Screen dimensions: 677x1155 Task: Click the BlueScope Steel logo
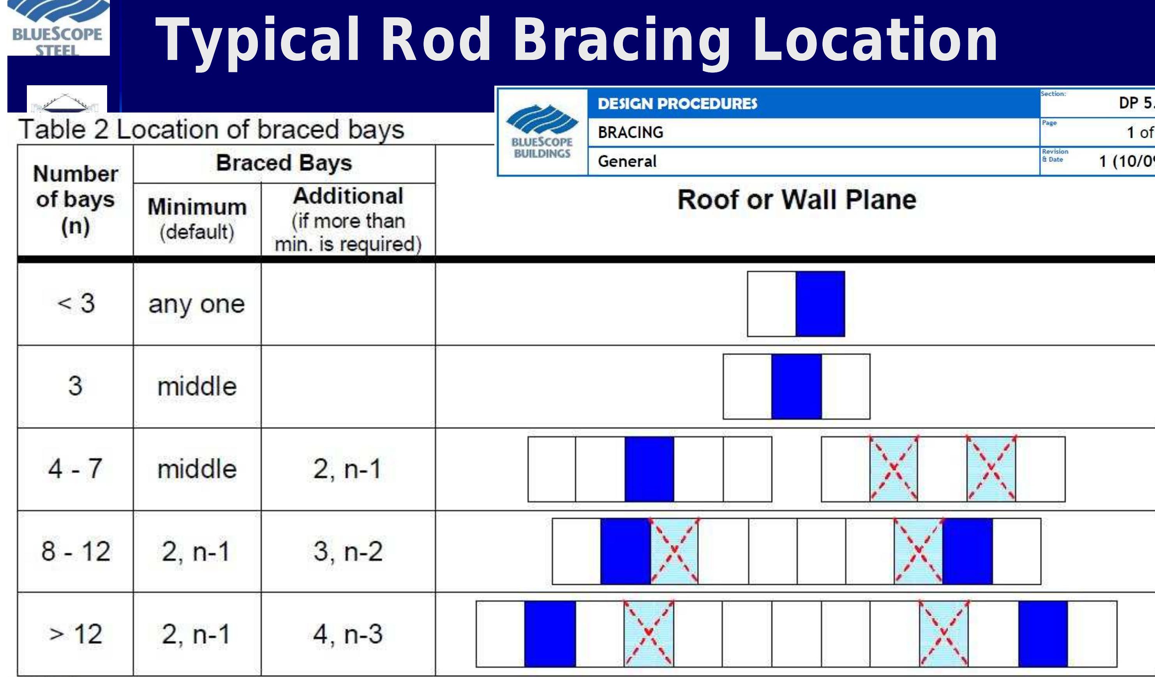(58, 28)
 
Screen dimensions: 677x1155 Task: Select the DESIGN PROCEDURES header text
(677, 104)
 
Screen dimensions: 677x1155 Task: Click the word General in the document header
(627, 161)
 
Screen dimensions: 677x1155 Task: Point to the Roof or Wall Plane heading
(797, 200)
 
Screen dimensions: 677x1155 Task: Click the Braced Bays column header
(284, 163)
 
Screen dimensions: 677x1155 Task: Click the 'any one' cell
(197, 304)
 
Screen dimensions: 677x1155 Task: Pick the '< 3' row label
(76, 303)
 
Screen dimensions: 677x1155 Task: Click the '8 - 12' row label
(76, 551)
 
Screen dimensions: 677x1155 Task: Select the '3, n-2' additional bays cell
(348, 551)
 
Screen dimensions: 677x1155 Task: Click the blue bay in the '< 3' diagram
(820, 304)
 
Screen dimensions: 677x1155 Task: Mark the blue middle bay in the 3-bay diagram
(796, 386)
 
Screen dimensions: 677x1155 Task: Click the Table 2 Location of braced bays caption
(212, 130)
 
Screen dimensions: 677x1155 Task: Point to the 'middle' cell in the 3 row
(197, 386)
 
